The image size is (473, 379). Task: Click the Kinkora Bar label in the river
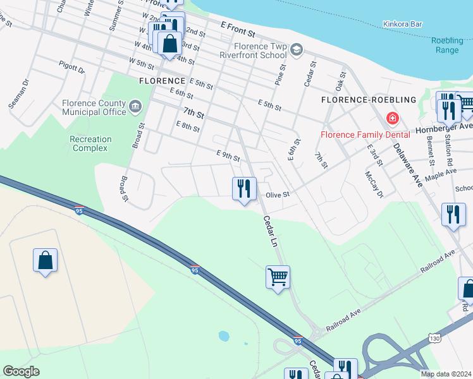[402, 25]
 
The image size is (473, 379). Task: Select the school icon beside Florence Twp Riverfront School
[297, 50]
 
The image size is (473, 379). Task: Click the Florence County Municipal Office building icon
[135, 107]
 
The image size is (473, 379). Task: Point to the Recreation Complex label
[90, 143]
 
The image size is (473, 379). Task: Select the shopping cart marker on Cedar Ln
[278, 277]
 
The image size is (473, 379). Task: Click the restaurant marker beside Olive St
[244, 188]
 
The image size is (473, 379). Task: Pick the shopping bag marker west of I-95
[45, 260]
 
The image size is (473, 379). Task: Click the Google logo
[21, 371]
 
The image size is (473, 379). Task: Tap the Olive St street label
[277, 195]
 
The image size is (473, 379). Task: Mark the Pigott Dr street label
[71, 68]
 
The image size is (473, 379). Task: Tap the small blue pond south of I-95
[223, 335]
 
